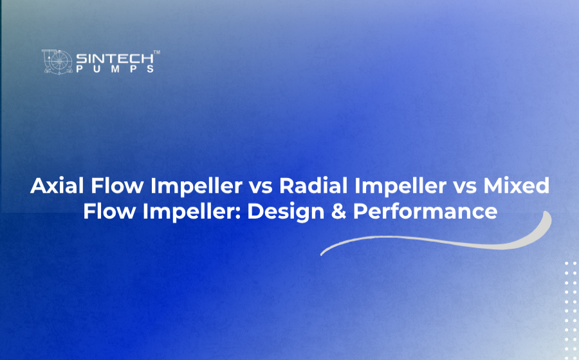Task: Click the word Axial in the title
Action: coord(57,186)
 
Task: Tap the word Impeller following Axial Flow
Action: coord(196,186)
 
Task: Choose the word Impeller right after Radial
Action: coord(400,186)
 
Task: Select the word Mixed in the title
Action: coord(516,186)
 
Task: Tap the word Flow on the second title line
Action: coord(109,212)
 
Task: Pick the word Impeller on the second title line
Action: coord(188,212)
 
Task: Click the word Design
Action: coord(286,212)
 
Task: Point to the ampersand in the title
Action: coord(338,212)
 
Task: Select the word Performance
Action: coord(425,212)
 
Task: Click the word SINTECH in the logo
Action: coord(115,59)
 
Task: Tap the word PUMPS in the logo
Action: coord(115,69)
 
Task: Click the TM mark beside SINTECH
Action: coord(156,52)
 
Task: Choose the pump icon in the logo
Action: coord(57,62)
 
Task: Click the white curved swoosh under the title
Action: coord(436,242)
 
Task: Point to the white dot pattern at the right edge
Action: coord(571,310)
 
